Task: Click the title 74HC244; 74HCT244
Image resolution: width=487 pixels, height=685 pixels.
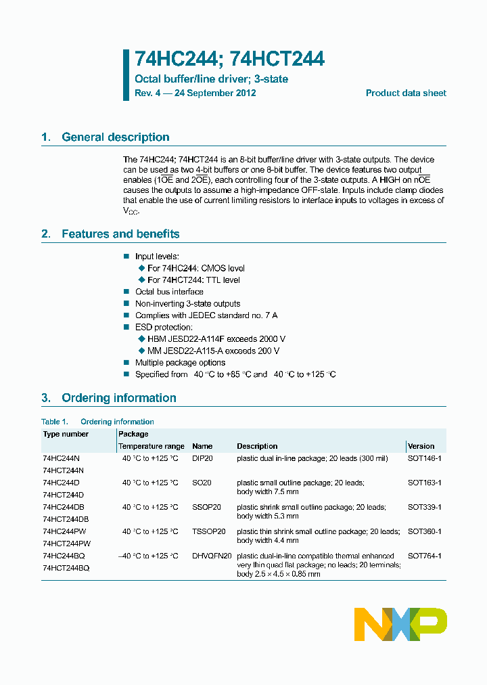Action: pos(229,60)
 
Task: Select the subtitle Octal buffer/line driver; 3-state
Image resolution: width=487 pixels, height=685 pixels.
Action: pos(211,79)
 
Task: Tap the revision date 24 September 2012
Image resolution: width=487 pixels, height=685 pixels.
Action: pos(214,93)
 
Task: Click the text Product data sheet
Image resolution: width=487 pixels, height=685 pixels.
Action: pos(406,93)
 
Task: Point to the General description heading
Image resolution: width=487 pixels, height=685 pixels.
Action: pos(115,137)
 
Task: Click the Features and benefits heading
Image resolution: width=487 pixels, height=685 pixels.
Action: pos(120,234)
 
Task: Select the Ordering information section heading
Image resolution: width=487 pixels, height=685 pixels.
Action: pos(118,398)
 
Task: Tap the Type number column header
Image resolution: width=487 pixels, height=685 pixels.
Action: pos(66,434)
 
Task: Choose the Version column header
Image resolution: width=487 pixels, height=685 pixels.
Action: pos(421,446)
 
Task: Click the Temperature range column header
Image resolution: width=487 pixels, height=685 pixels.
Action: pos(152,446)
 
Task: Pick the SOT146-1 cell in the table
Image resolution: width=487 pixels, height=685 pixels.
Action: pos(425,458)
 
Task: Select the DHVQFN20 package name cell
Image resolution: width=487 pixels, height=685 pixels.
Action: pos(212,556)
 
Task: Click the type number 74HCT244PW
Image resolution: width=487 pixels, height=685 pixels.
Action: pos(66,544)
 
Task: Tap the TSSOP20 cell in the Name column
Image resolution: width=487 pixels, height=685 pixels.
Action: pos(208,531)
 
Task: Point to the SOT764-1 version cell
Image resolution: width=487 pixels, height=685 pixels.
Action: pos(425,556)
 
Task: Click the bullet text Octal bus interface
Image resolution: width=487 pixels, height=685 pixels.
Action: pos(169,292)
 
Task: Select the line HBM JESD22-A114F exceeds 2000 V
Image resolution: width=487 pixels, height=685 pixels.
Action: pos(216,339)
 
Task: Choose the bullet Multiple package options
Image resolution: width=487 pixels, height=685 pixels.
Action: pos(180,363)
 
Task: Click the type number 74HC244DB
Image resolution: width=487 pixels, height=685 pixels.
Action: pos(64,507)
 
